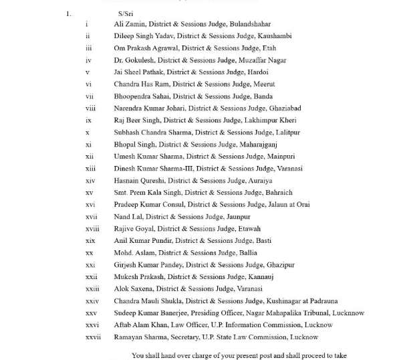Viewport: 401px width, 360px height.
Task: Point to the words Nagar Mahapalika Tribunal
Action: [x=289, y=313]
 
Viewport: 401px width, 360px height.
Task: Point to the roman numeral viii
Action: [x=90, y=108]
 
